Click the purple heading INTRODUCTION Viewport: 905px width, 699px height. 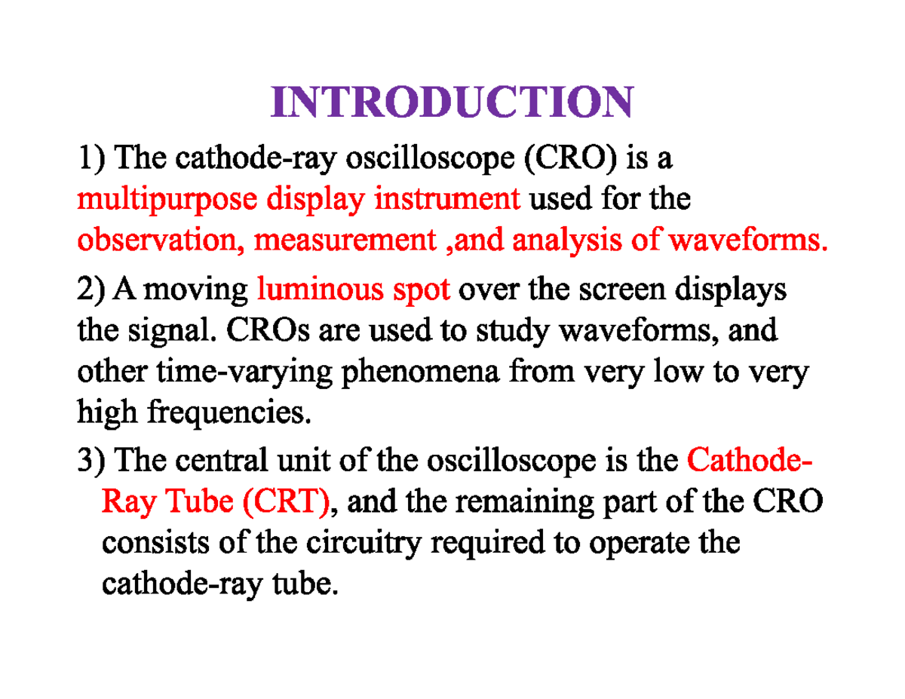coord(451,103)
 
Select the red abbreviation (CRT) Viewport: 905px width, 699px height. coord(286,501)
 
